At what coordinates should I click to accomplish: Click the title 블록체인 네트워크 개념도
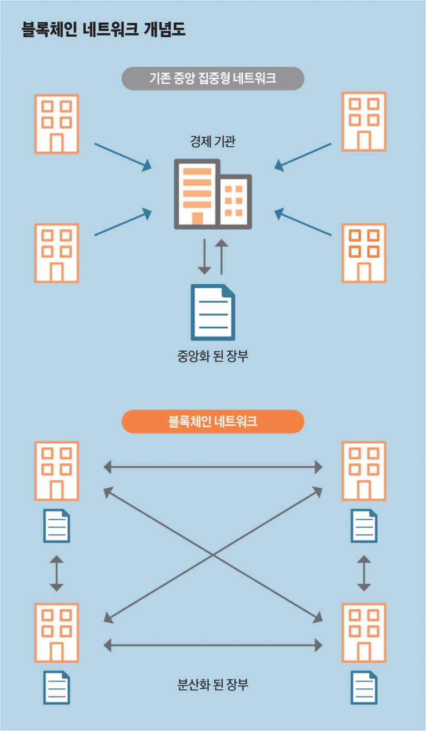point(104,29)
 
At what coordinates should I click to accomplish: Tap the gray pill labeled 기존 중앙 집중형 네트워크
point(213,78)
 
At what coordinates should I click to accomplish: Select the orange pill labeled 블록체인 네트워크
point(213,421)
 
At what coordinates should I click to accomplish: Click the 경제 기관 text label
point(213,141)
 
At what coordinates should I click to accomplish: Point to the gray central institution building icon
point(213,194)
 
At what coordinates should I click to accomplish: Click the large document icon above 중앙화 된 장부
point(213,312)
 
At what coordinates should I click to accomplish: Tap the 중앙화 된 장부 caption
point(213,356)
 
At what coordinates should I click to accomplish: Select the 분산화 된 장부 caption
point(213,684)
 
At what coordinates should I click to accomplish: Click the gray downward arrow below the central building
point(204,257)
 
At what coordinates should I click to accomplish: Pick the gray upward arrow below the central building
point(222,257)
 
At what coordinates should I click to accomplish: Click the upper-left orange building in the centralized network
point(57,124)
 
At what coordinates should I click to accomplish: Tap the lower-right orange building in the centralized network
point(364,253)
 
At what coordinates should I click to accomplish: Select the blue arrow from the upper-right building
point(303,157)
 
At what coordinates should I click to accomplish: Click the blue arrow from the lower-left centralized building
point(123,222)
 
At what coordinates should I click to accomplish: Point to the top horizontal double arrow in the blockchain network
point(213,467)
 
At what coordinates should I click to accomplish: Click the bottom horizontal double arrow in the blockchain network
point(213,645)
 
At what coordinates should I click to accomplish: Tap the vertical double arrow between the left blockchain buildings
point(57,573)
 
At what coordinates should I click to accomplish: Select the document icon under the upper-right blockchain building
point(364,525)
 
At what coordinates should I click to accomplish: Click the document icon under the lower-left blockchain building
point(57,688)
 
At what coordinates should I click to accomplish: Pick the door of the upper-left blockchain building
point(57,490)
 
